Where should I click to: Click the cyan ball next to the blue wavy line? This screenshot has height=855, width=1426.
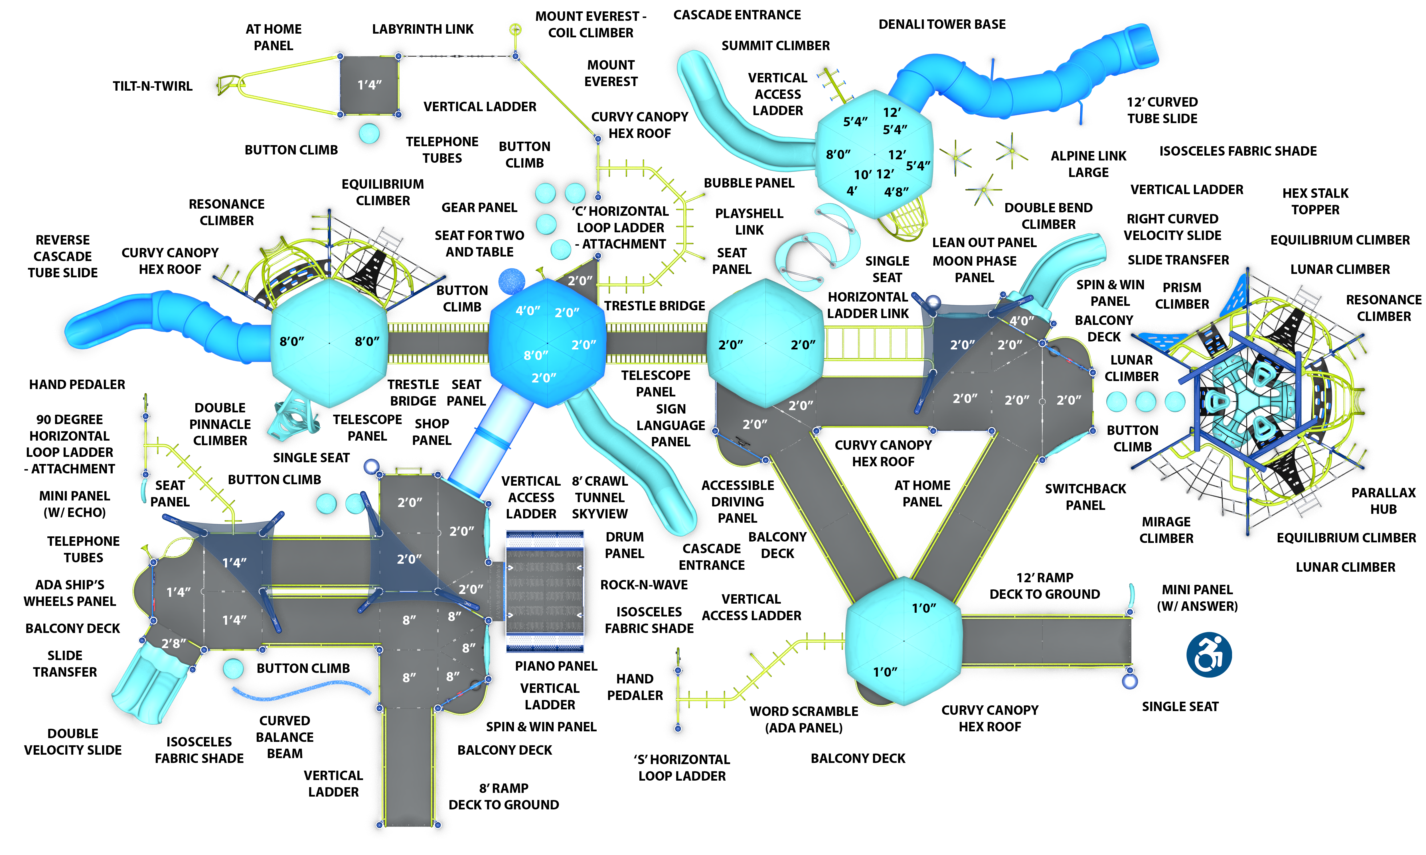(233, 669)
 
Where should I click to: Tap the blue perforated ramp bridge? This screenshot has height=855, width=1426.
(545, 596)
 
